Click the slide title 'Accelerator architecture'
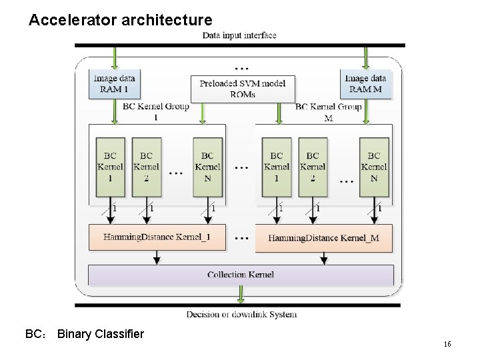pyautogui.click(x=121, y=21)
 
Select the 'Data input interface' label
pyautogui.click(x=239, y=35)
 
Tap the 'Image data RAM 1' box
pyautogui.click(x=115, y=84)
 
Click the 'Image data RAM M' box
pyautogui.click(x=365, y=84)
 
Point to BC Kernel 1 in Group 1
pyautogui.click(x=110, y=167)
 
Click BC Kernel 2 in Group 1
pyautogui.click(x=146, y=167)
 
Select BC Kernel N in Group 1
pyautogui.click(x=208, y=167)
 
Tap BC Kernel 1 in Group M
pyautogui.click(x=277, y=167)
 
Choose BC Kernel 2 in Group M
pyautogui.click(x=313, y=167)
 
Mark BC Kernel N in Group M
pyautogui.click(x=374, y=167)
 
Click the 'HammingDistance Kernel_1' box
pyautogui.click(x=157, y=237)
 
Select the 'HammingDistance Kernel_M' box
pyautogui.click(x=323, y=238)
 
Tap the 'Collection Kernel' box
pyautogui.click(x=241, y=275)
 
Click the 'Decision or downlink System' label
pyautogui.click(x=241, y=315)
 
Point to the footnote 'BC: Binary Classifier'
pyautogui.click(x=84, y=334)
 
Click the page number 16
pyautogui.click(x=447, y=344)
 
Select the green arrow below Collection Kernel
pyautogui.click(x=240, y=294)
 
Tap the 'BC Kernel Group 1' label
pyautogui.click(x=156, y=111)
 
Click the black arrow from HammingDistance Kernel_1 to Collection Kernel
pyautogui.click(x=157, y=257)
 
